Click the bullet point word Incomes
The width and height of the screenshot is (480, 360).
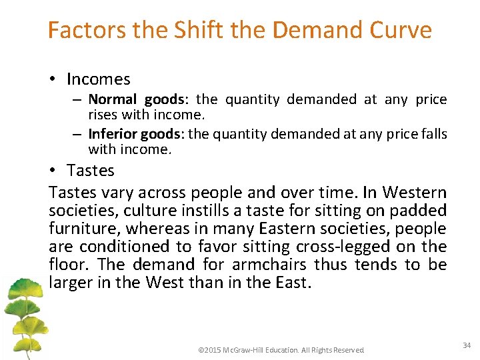[x=98, y=79]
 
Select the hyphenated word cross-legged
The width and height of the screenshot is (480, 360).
[x=331, y=247]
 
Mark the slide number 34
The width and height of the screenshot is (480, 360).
[x=466, y=345]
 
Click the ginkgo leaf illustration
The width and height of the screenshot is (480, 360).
[x=24, y=313]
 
